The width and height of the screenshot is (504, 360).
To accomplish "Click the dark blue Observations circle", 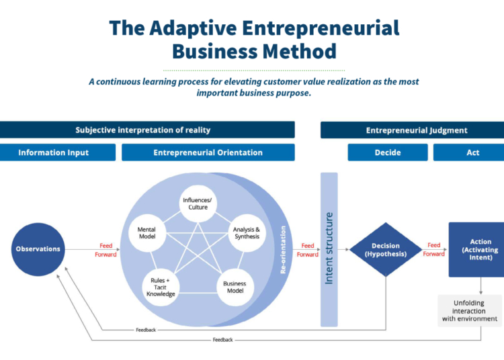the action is (x=38, y=249).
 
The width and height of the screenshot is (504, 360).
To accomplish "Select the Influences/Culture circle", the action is (x=198, y=204).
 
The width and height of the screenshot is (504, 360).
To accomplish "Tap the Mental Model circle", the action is (x=147, y=233).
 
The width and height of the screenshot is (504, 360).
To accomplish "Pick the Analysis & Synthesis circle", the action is (x=247, y=233).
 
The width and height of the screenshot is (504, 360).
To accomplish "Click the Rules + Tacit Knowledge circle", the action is (x=161, y=287).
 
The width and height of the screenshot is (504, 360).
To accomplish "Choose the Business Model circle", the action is (x=235, y=287).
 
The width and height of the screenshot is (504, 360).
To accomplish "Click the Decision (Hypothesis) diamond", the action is (x=386, y=250).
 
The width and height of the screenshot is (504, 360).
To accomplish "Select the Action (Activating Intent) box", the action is (x=476, y=250).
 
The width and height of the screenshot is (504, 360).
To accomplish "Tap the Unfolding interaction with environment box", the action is (x=470, y=310).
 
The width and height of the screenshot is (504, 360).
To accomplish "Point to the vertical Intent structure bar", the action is (x=329, y=250).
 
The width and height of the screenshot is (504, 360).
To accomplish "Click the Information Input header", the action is (x=58, y=152).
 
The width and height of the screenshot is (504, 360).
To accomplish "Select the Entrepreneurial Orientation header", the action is (x=208, y=152).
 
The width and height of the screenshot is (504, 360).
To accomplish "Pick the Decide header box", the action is (x=388, y=152).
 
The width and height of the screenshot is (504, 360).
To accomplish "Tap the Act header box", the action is (x=468, y=152).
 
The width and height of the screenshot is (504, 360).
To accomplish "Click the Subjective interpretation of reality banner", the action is (x=147, y=130).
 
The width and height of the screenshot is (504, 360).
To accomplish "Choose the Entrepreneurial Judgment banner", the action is (x=412, y=130).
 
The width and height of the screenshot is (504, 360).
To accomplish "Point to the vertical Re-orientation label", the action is (x=283, y=250).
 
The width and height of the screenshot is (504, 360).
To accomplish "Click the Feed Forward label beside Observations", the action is (x=106, y=250).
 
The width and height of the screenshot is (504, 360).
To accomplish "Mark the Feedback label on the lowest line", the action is (x=222, y=340).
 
